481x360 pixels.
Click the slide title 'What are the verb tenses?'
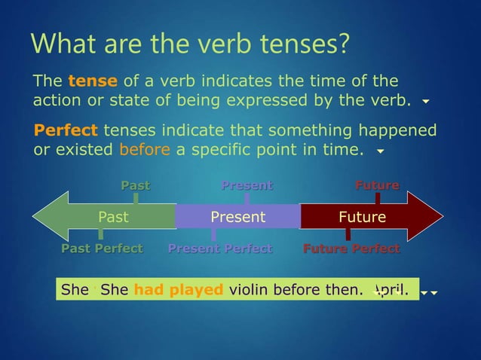click(189, 44)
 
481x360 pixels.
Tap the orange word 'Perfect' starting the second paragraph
click(66, 130)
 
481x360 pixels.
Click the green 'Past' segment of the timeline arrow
click(113, 218)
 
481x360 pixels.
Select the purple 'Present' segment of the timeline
click(237, 218)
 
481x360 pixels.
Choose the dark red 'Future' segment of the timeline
click(362, 218)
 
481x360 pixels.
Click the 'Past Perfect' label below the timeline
click(102, 249)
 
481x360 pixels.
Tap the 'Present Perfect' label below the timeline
click(219, 249)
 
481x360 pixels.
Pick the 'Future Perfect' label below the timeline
click(351, 249)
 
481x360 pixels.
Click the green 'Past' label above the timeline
click(136, 185)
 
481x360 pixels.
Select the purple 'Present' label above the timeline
click(247, 185)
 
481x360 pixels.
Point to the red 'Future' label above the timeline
click(377, 185)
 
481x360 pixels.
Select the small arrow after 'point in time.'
click(380, 151)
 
